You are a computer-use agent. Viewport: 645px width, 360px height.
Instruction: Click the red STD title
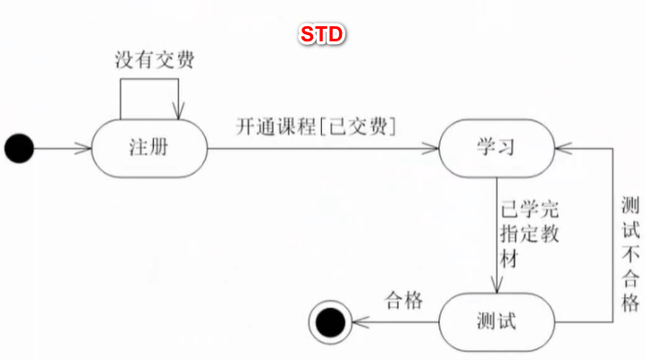(322, 34)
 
